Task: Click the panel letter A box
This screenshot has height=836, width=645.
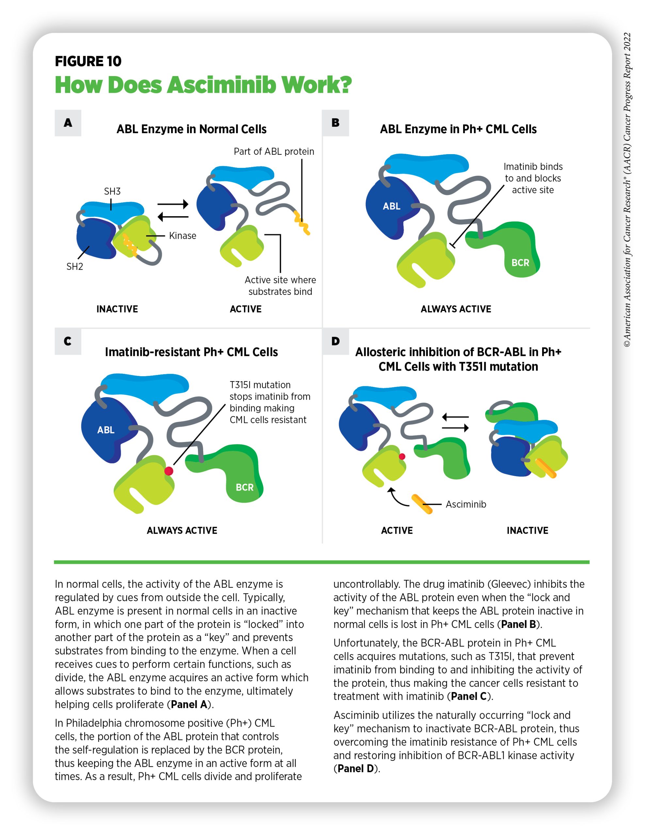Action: pos(68,123)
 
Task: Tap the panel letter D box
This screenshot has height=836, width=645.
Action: pos(335,341)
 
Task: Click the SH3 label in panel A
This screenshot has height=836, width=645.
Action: pos(112,191)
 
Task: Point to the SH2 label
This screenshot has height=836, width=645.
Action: pos(75,266)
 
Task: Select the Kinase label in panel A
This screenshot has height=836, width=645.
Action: pos(183,236)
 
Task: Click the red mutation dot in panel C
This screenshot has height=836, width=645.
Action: pos(169,471)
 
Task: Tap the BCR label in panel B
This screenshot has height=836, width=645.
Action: pos(520,263)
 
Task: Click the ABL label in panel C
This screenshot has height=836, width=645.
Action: pos(106,430)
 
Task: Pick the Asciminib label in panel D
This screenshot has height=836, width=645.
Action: pos(466,504)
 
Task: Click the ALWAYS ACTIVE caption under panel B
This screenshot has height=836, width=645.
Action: pos(456,309)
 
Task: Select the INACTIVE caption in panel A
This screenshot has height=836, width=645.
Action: pos(117,309)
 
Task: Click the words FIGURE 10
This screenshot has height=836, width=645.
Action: pos(88,61)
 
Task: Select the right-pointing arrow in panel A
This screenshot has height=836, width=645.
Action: pos(173,204)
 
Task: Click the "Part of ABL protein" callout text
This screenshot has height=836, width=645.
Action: pos(274,152)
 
